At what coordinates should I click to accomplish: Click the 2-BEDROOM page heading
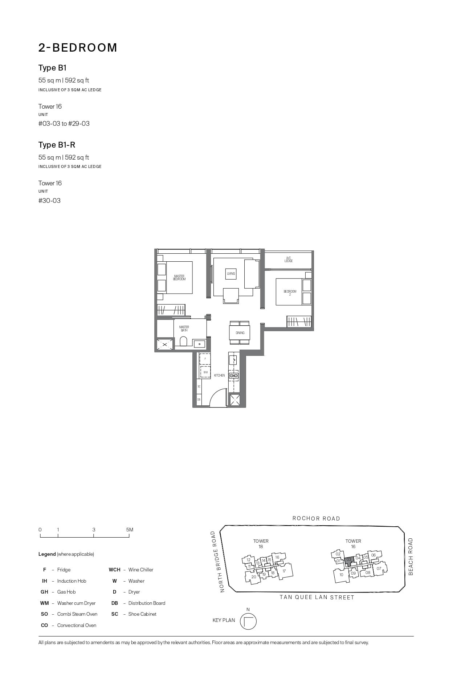pyautogui.click(x=78, y=48)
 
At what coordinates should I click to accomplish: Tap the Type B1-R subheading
pyautogui.click(x=57, y=145)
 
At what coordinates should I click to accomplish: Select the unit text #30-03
pyautogui.click(x=49, y=201)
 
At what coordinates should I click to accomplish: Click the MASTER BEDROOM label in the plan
pyautogui.click(x=179, y=278)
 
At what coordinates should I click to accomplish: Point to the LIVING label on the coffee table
pyautogui.click(x=231, y=274)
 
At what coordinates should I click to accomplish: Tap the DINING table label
pyautogui.click(x=240, y=333)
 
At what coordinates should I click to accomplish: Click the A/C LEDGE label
pyautogui.click(x=289, y=260)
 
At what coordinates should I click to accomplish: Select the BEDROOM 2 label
pyautogui.click(x=290, y=293)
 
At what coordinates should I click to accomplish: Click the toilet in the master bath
pyautogui.click(x=183, y=341)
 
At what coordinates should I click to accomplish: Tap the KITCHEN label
pyautogui.click(x=219, y=375)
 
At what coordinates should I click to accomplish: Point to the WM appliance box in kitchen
pyautogui.click(x=205, y=372)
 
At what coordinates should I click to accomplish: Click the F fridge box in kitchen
pyautogui.click(x=205, y=359)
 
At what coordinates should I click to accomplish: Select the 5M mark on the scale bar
pyautogui.click(x=130, y=530)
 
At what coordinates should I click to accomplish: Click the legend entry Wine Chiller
pyautogui.click(x=140, y=570)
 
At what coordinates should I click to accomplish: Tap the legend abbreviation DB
pyautogui.click(x=115, y=603)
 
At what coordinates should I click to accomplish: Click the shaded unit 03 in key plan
pyautogui.click(x=349, y=560)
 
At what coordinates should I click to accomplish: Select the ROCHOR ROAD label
pyautogui.click(x=316, y=519)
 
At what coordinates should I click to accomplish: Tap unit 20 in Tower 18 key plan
pyautogui.click(x=253, y=577)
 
